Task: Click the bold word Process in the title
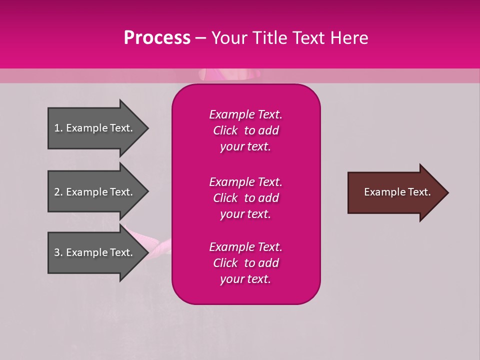click(157, 38)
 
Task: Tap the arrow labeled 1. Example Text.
click(95, 128)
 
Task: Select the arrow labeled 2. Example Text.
click(95, 192)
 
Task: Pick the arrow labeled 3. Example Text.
click(95, 252)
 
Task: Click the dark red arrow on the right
click(395, 192)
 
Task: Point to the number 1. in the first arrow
click(58, 128)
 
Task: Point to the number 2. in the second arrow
click(58, 192)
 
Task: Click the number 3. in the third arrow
click(58, 252)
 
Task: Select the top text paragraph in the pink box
click(245, 130)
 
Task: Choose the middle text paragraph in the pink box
click(245, 198)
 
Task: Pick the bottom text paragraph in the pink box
click(245, 263)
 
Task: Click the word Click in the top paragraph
click(225, 130)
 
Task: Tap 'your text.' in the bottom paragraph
click(245, 279)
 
